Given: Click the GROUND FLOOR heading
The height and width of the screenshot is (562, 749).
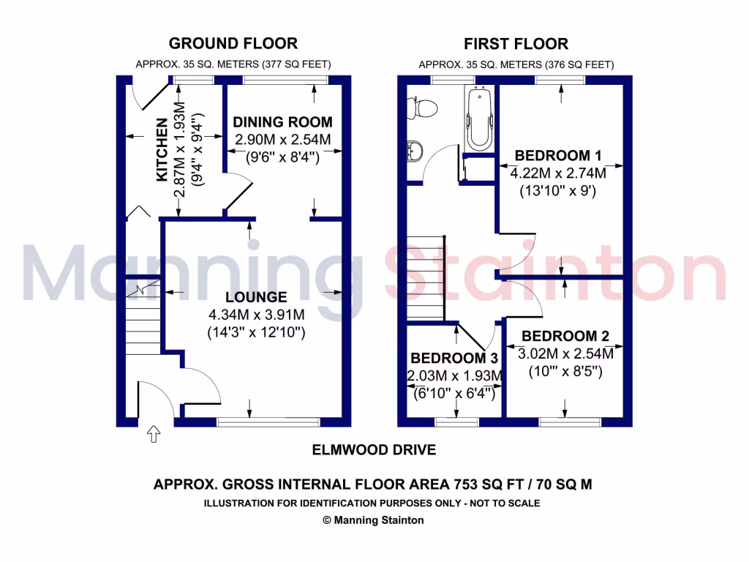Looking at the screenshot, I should point(233,44).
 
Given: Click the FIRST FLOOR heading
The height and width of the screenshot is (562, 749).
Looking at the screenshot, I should point(516,44).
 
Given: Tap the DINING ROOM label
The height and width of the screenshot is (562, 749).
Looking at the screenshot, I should point(282,122).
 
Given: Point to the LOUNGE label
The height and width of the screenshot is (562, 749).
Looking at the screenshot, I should point(256,298).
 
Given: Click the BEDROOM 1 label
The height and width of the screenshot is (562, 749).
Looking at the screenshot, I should point(557,155).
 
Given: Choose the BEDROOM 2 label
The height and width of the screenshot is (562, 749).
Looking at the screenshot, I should point(565,337).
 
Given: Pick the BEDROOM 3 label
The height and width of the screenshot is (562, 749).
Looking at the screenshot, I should point(454,359).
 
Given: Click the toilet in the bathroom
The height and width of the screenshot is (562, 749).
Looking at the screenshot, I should point(424,108).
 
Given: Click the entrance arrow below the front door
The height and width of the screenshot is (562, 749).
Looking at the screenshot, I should point(154,434).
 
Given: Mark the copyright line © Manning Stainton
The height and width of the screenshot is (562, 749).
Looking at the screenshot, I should point(373,520).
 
